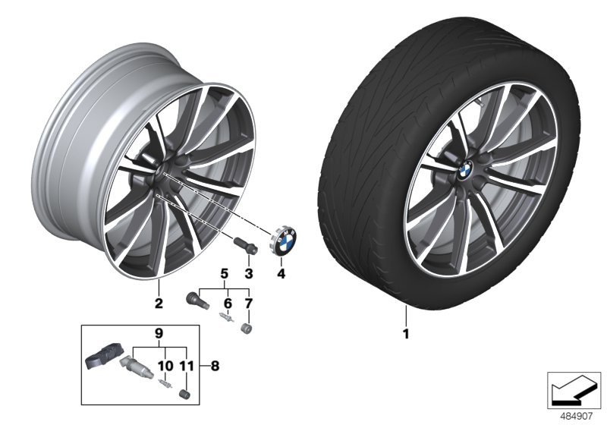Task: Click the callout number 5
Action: (x=224, y=272)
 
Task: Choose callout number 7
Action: (x=248, y=303)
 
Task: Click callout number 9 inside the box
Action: (x=159, y=332)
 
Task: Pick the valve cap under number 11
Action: (x=183, y=393)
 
